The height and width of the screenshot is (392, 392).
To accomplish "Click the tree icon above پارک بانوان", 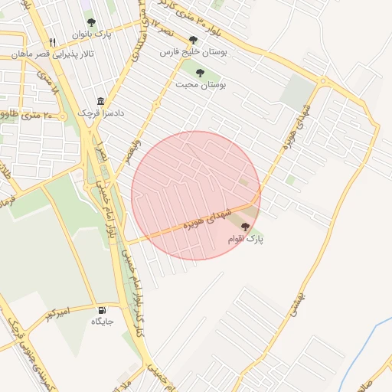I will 92,23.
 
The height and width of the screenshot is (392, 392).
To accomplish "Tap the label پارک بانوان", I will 92,35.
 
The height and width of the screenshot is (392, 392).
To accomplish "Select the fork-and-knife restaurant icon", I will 52,42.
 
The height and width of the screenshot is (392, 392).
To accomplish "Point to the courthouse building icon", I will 100,102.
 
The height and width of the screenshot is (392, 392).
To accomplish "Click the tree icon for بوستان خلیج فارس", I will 193,40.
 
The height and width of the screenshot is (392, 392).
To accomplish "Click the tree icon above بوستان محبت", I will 200,73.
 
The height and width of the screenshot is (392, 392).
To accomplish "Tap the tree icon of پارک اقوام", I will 245,227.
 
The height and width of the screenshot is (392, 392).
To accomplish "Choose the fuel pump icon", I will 102,310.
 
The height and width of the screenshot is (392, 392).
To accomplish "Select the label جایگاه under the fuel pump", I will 103,322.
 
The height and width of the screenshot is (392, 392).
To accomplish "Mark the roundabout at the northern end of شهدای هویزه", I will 322,80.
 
